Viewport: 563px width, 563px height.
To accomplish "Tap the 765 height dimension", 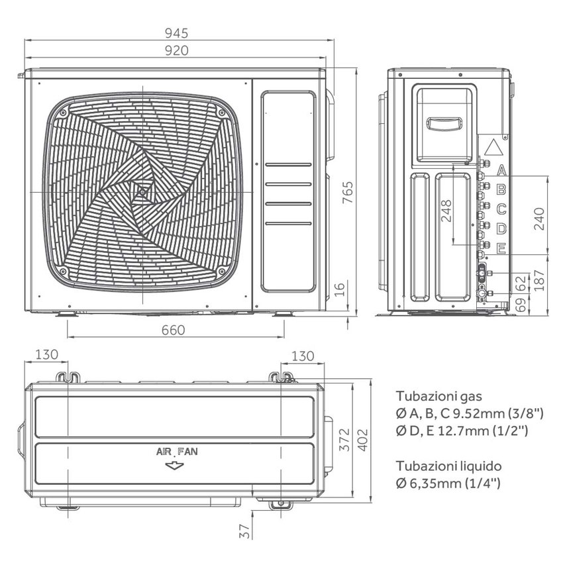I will pos(347,192).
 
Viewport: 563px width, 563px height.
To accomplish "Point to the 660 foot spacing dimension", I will pos(172,330).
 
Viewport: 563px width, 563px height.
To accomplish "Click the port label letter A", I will pos(501,169).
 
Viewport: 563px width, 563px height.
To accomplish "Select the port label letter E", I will pos(501,249).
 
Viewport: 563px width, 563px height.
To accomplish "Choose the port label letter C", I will pos(501,209).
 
